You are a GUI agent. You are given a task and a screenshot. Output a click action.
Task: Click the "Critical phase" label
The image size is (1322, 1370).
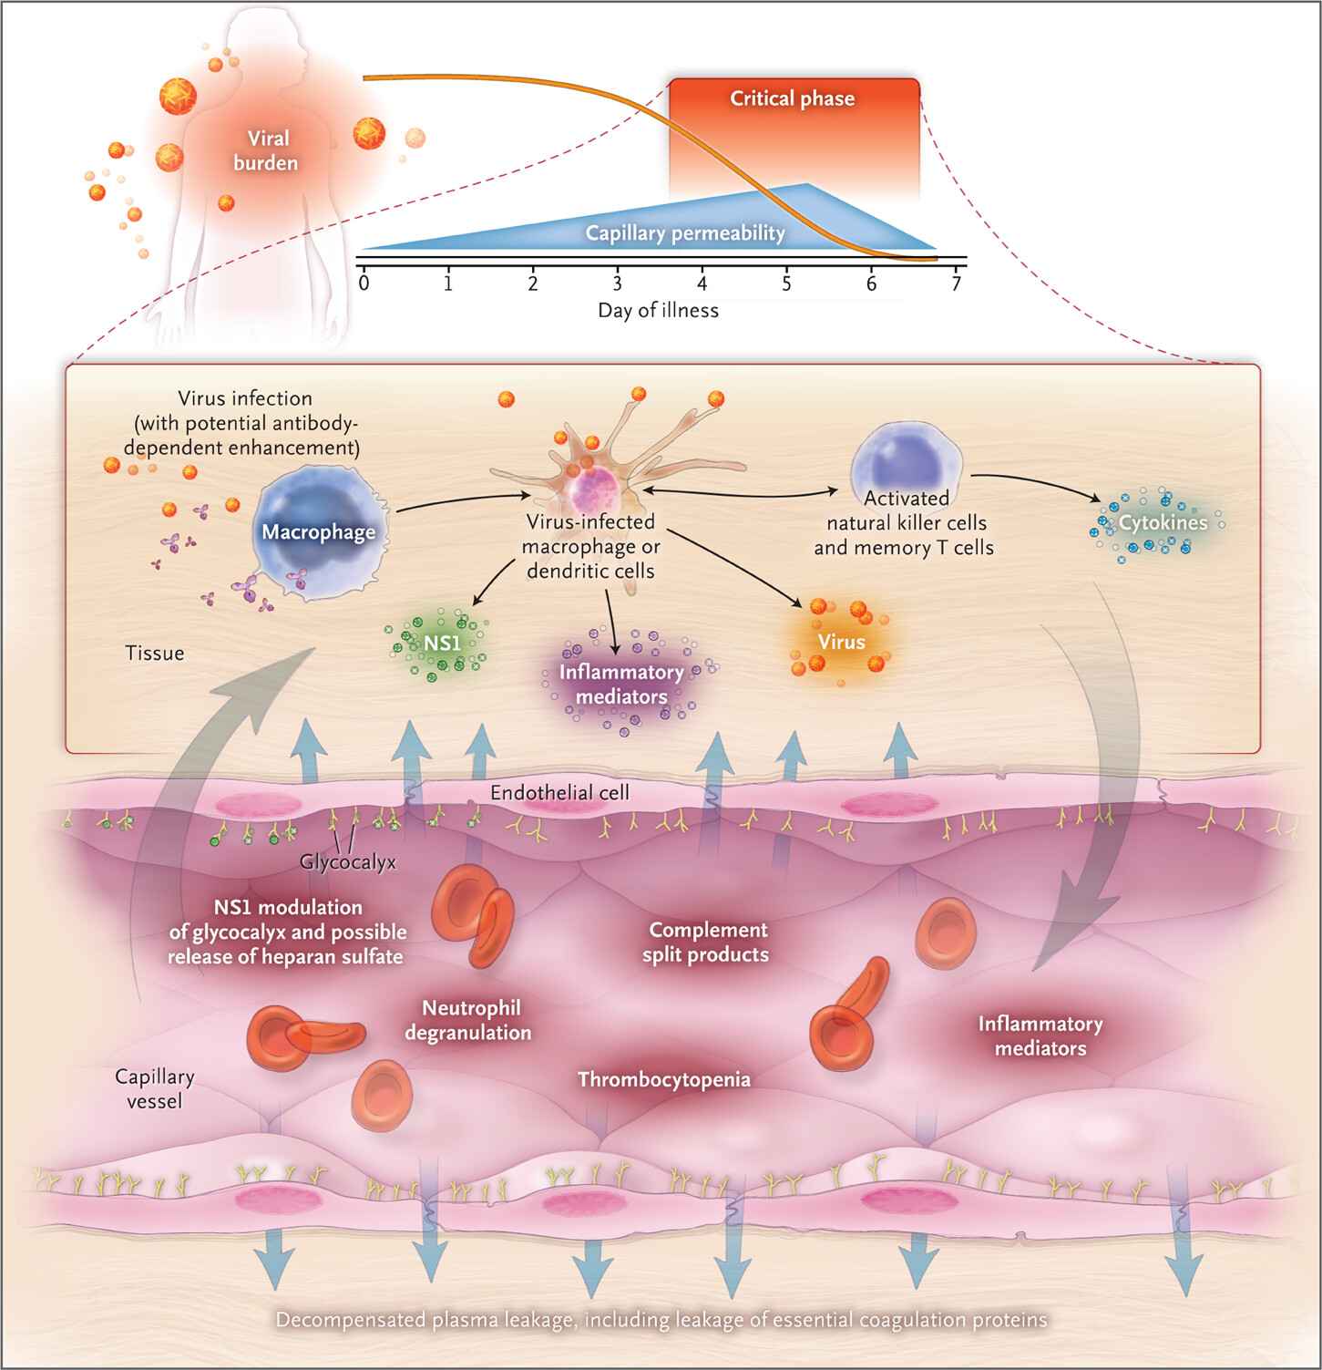click(x=792, y=98)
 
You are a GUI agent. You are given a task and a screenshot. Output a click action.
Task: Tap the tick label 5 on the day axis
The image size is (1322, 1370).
click(x=786, y=283)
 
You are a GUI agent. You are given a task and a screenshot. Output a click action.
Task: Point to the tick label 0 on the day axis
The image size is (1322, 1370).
click(x=364, y=283)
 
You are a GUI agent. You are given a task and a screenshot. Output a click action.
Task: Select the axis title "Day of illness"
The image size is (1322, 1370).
click(x=658, y=310)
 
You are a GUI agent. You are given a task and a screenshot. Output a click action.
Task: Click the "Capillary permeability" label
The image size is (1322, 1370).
click(x=685, y=233)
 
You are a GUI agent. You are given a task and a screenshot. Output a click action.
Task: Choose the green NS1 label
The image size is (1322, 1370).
click(x=442, y=643)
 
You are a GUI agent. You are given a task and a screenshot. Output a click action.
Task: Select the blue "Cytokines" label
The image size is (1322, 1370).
click(x=1163, y=522)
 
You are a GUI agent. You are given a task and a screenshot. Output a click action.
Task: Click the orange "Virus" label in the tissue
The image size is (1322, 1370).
click(x=841, y=642)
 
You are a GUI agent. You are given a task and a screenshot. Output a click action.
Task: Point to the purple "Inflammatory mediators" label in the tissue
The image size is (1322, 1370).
click(x=621, y=684)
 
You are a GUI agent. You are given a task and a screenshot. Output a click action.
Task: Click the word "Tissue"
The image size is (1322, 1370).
click(x=155, y=653)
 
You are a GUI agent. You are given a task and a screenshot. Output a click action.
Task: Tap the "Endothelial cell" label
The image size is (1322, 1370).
click(x=559, y=792)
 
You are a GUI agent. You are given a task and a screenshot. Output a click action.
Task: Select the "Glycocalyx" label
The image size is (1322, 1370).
click(x=348, y=861)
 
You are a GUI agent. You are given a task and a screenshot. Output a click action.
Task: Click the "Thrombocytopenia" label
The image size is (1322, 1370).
click(x=664, y=1079)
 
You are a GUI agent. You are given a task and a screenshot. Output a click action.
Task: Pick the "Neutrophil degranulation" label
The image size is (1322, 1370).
click(x=467, y=1020)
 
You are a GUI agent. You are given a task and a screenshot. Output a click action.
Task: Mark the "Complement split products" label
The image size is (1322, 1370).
click(x=706, y=943)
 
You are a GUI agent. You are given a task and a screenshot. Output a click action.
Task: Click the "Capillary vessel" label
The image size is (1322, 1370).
click(x=154, y=1088)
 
